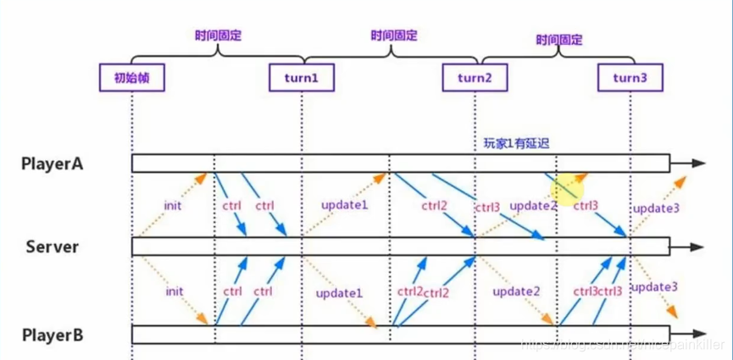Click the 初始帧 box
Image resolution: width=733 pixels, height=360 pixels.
point(131,78)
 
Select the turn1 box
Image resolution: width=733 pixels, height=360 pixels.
point(300,78)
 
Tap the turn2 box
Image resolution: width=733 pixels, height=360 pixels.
point(475,78)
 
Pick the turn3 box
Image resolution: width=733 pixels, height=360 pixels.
point(629,78)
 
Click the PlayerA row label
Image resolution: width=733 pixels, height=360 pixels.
point(53,163)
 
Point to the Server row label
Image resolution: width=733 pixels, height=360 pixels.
point(53,246)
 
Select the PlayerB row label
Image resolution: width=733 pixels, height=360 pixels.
point(53,335)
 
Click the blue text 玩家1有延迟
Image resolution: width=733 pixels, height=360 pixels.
point(511,143)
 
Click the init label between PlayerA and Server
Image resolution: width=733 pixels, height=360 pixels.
point(175,206)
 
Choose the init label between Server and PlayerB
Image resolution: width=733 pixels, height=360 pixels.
point(175,291)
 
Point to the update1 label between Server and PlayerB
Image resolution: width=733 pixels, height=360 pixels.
point(339,292)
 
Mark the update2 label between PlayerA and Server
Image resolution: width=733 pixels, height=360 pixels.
point(533,206)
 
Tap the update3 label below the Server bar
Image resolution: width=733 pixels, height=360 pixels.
point(655,287)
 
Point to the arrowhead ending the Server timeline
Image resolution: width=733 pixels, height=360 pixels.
point(697,246)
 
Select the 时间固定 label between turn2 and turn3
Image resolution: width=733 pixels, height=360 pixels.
point(558,39)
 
